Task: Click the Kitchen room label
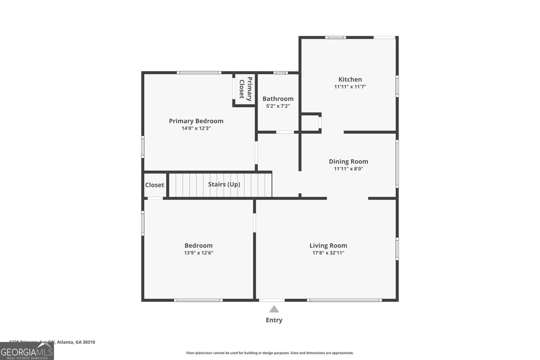point(350,79)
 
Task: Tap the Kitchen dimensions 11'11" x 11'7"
point(350,87)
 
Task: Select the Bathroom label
point(278,99)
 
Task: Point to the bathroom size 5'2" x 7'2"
point(278,106)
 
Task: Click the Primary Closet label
point(245,89)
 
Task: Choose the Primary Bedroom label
point(196,121)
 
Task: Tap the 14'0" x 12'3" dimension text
point(196,128)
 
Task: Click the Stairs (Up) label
point(224,184)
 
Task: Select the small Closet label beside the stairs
point(155,185)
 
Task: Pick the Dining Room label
point(348,161)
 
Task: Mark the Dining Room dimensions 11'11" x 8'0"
point(348,169)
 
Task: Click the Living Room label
point(328,245)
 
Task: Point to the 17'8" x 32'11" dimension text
point(328,253)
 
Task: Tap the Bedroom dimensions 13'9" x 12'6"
point(198,253)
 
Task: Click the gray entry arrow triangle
point(274,309)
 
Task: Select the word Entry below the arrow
point(274,320)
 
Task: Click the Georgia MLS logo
point(27,352)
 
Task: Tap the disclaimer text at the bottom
point(270,353)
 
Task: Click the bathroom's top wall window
point(280,73)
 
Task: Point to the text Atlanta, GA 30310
point(76,342)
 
